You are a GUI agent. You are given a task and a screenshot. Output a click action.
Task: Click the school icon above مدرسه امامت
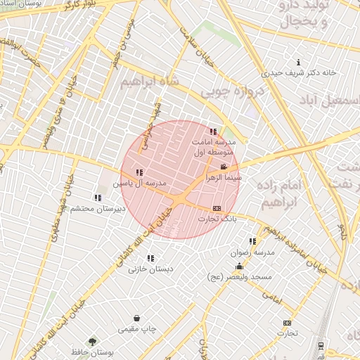(213, 131)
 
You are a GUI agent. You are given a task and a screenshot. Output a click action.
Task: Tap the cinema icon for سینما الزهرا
(224, 167)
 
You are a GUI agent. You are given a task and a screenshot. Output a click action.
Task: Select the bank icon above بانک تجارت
(217, 208)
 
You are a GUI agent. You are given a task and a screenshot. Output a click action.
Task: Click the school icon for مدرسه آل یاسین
(139, 172)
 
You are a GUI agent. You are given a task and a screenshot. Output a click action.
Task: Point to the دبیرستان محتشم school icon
(97, 198)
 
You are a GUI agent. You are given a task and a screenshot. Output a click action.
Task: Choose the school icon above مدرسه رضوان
(252, 241)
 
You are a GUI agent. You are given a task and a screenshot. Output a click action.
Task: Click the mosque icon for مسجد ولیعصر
(240, 266)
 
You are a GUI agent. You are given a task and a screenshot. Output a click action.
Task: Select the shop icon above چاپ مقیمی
(145, 319)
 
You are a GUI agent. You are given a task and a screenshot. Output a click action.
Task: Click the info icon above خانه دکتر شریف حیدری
(300, 62)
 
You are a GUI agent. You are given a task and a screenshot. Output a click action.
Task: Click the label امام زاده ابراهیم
(285, 194)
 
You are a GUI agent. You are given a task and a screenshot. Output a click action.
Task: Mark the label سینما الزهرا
(223, 179)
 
